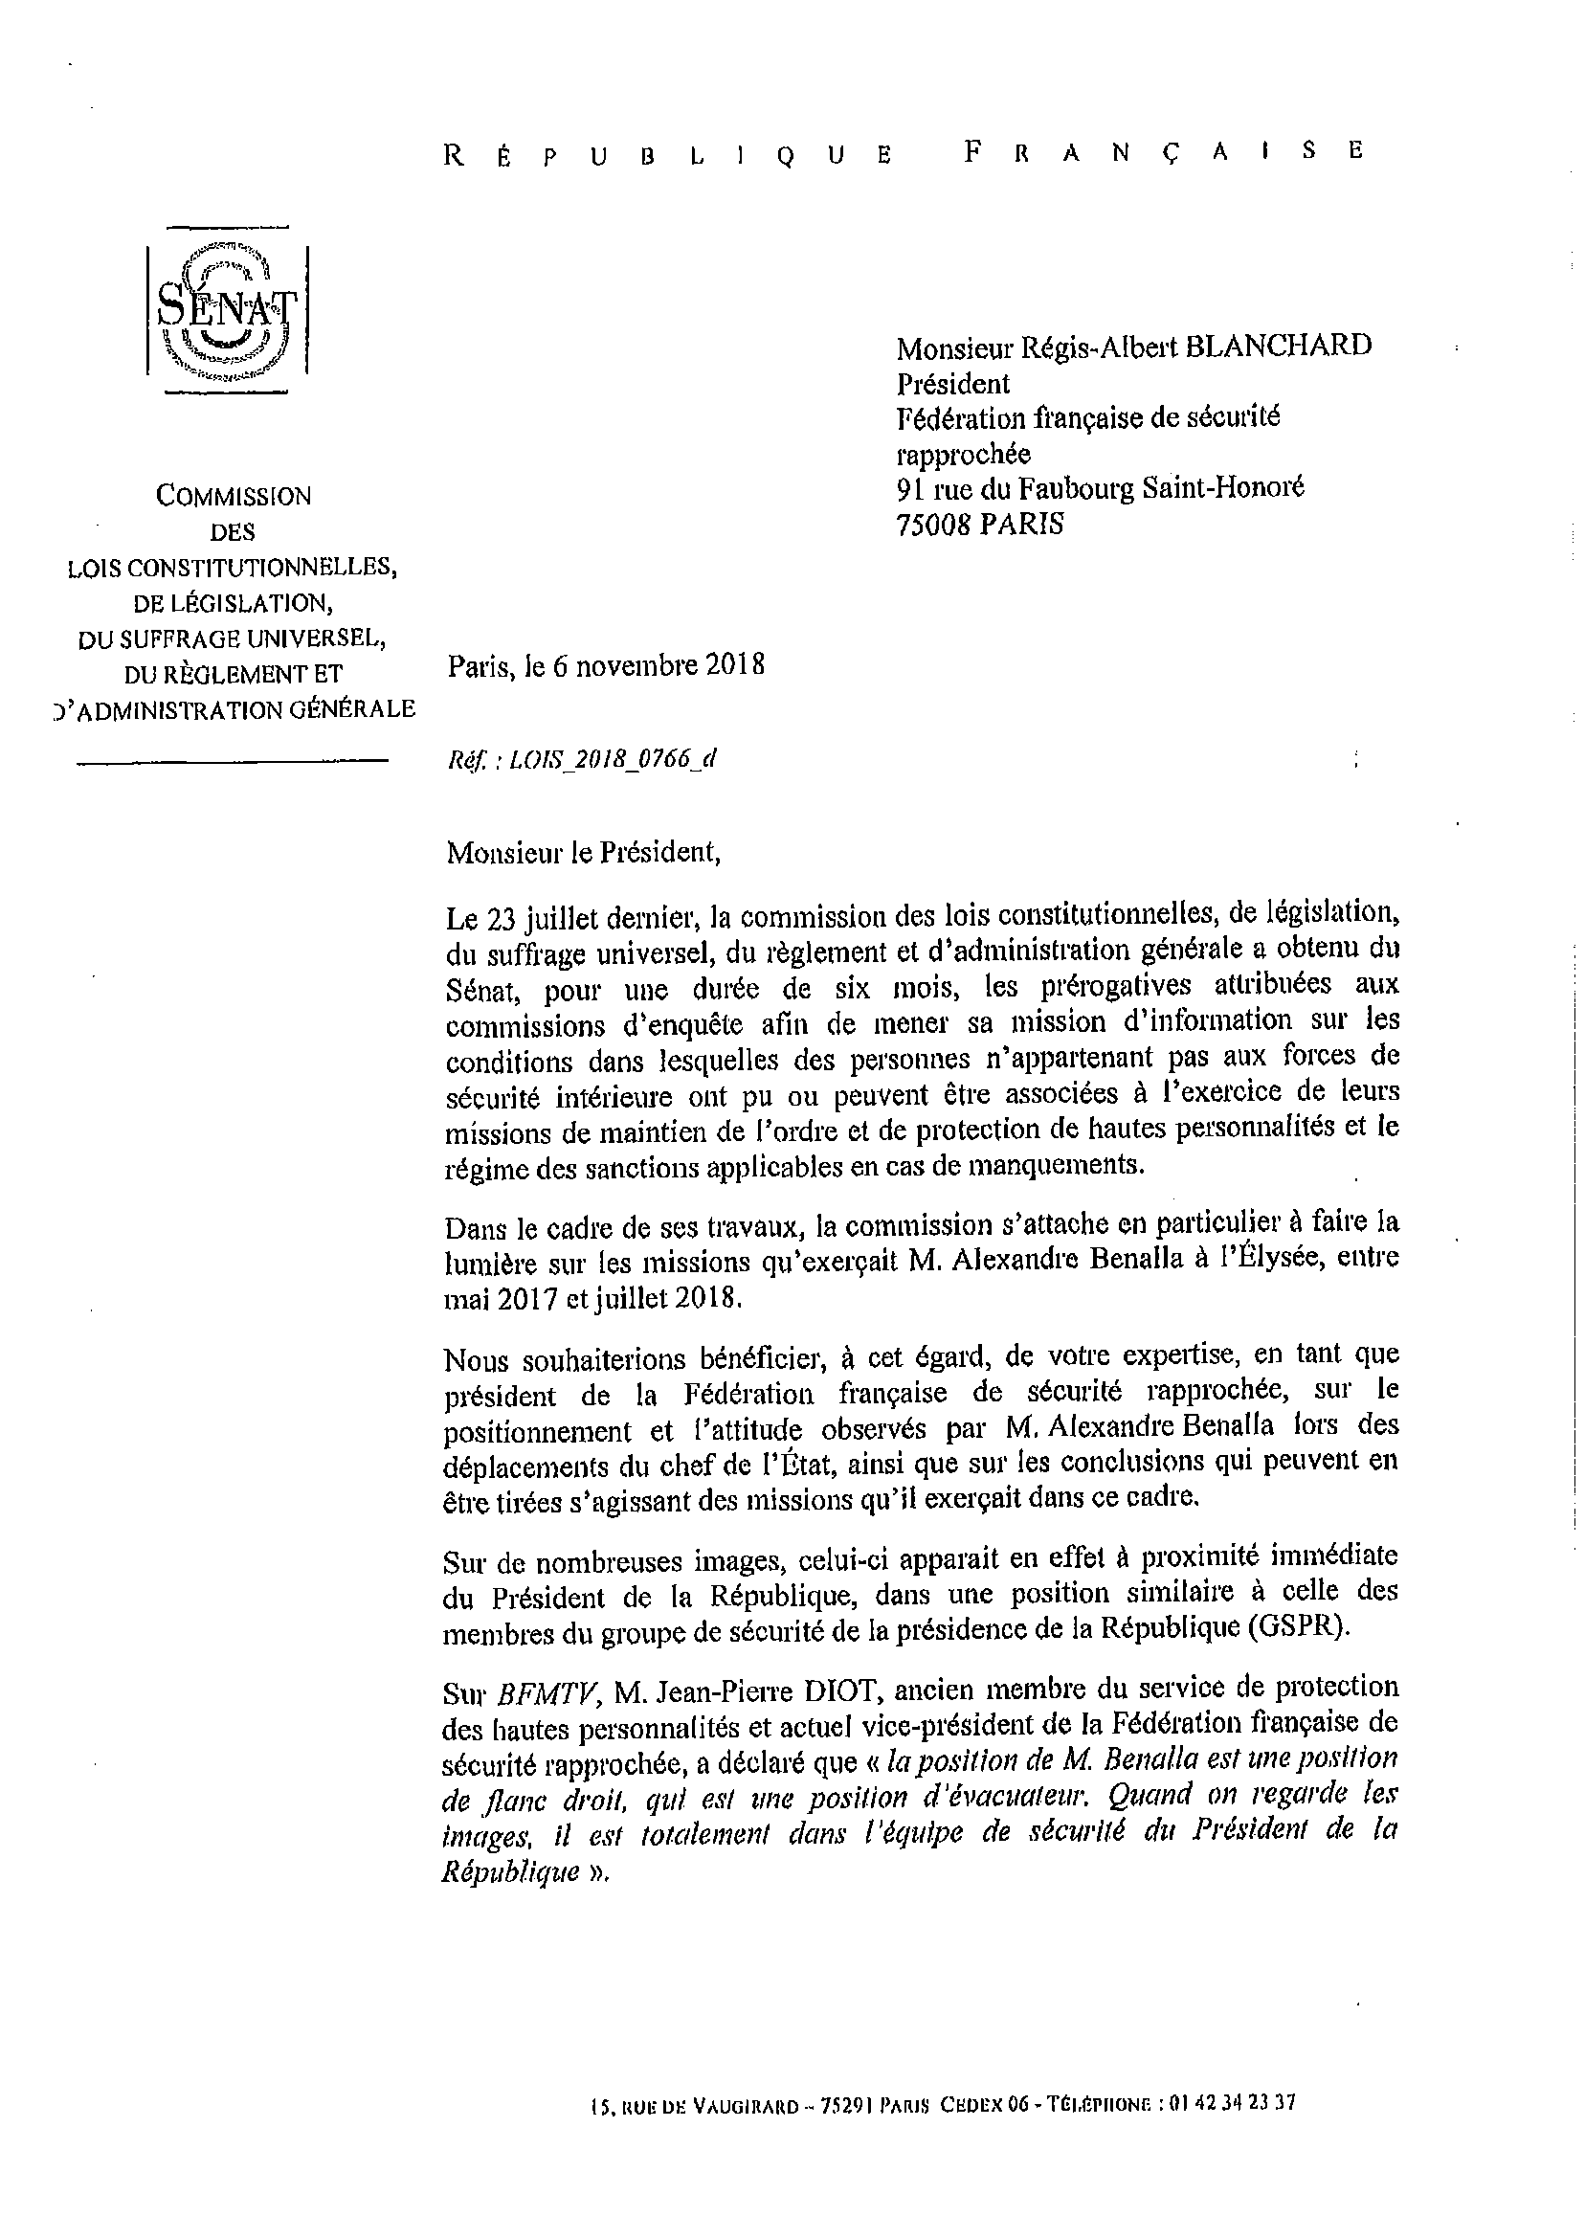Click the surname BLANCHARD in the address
[x=1278, y=346]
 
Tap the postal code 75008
[x=934, y=526]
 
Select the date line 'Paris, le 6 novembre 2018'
[x=606, y=665]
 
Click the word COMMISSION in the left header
[x=234, y=496]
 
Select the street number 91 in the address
[x=910, y=488]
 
